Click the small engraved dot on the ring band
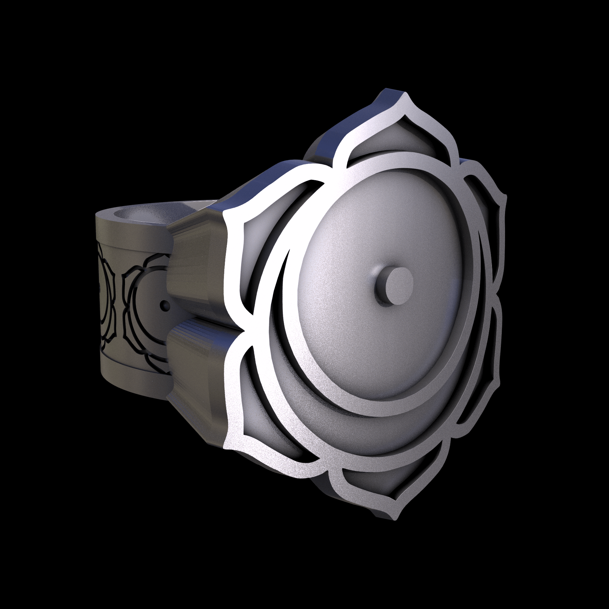click(x=164, y=306)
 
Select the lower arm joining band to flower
click(x=197, y=365)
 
